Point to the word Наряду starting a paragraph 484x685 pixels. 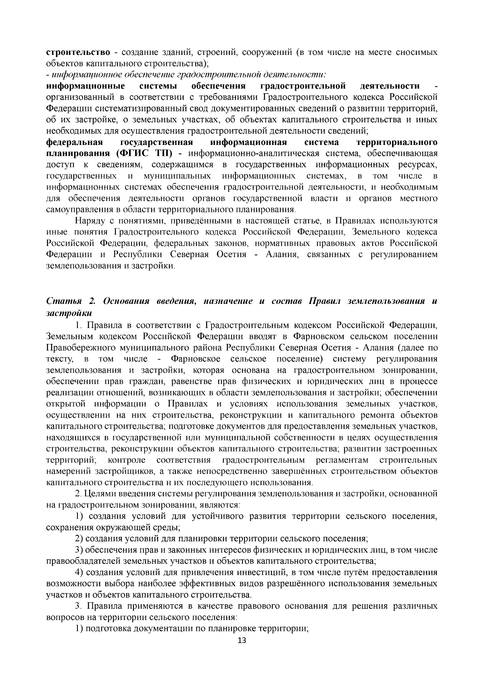pos(90,221)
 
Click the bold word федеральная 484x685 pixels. pos(75,142)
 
